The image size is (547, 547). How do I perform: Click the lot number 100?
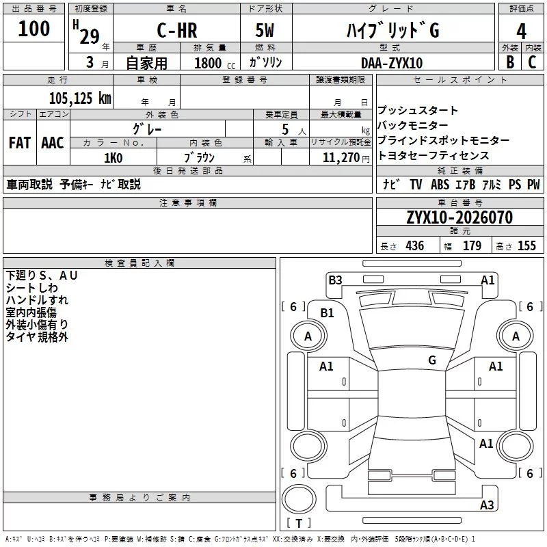pyautogui.click(x=34, y=29)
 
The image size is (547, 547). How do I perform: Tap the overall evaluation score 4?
pyautogui.click(x=521, y=31)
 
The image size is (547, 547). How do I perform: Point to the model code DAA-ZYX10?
pyautogui.click(x=392, y=63)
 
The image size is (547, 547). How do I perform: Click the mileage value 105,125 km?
pyautogui.click(x=80, y=98)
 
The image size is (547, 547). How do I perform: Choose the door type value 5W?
pyautogui.click(x=266, y=31)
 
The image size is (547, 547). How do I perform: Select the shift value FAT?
pyautogui.click(x=19, y=143)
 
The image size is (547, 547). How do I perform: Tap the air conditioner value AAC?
pyautogui.click(x=53, y=143)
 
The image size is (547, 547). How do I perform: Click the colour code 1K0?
pyautogui.click(x=113, y=158)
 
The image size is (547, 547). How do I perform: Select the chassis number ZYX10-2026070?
pyautogui.click(x=459, y=217)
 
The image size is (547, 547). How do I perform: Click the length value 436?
pyautogui.click(x=414, y=246)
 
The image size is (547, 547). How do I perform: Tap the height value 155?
pyautogui.click(x=526, y=246)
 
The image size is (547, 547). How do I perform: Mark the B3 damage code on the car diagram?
pyautogui.click(x=335, y=280)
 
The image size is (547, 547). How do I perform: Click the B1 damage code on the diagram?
pyautogui.click(x=328, y=313)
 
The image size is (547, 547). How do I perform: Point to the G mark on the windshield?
pyautogui.click(x=432, y=360)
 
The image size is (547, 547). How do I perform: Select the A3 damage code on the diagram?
pyautogui.click(x=487, y=505)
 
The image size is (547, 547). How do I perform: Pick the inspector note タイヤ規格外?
pyautogui.click(x=37, y=337)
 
